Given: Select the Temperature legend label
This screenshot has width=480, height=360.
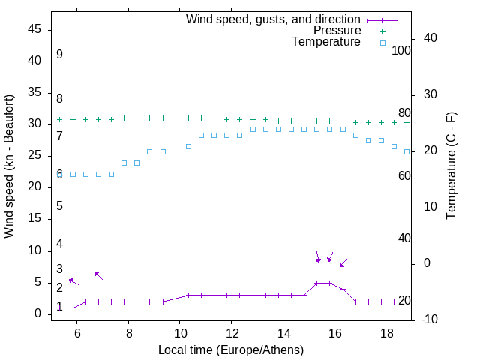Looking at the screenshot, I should point(326,42).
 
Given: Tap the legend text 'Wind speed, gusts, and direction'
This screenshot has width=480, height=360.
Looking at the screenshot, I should point(273,19).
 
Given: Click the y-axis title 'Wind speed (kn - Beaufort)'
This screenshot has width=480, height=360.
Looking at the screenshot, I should point(9,166).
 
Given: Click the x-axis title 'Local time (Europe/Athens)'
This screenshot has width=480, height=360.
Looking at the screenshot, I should point(231,349).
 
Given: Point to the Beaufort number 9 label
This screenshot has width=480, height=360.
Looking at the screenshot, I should point(59,55).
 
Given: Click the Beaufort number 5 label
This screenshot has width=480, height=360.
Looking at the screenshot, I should point(59,206).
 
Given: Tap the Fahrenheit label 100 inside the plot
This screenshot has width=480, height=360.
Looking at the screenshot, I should point(402,51).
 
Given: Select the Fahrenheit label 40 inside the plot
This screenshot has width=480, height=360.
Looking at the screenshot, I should point(404,238).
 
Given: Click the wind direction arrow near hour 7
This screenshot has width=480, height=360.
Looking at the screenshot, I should point(98,275).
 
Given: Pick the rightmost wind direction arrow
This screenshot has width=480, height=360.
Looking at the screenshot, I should point(343,262).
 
